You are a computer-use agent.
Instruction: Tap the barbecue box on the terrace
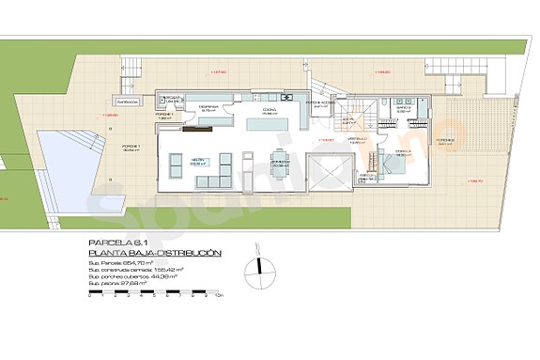[128, 101]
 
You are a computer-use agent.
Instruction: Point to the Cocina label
[269, 110]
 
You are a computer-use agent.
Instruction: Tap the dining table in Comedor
[280, 162]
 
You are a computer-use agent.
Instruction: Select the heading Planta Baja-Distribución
[154, 253]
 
